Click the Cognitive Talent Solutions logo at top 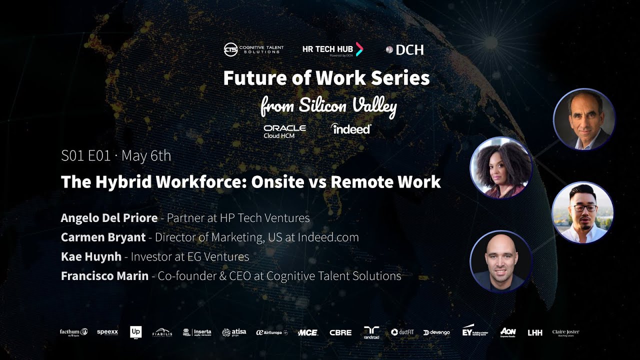(x=253, y=49)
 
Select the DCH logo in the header (x=405, y=49)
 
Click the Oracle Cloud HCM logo (x=284, y=131)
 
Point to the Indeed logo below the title (x=351, y=128)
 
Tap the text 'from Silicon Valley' (x=328, y=105)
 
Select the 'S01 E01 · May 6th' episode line (x=116, y=156)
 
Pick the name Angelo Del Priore (x=109, y=218)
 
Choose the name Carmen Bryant (x=103, y=237)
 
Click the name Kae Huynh (x=91, y=256)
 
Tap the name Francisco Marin (x=104, y=275)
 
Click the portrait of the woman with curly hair (x=500, y=167)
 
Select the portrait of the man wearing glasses (x=582, y=212)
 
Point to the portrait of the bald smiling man (x=500, y=261)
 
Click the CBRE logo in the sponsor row (x=340, y=332)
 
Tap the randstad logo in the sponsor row (x=371, y=332)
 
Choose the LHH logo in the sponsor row (x=534, y=332)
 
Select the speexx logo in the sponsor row (x=107, y=332)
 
